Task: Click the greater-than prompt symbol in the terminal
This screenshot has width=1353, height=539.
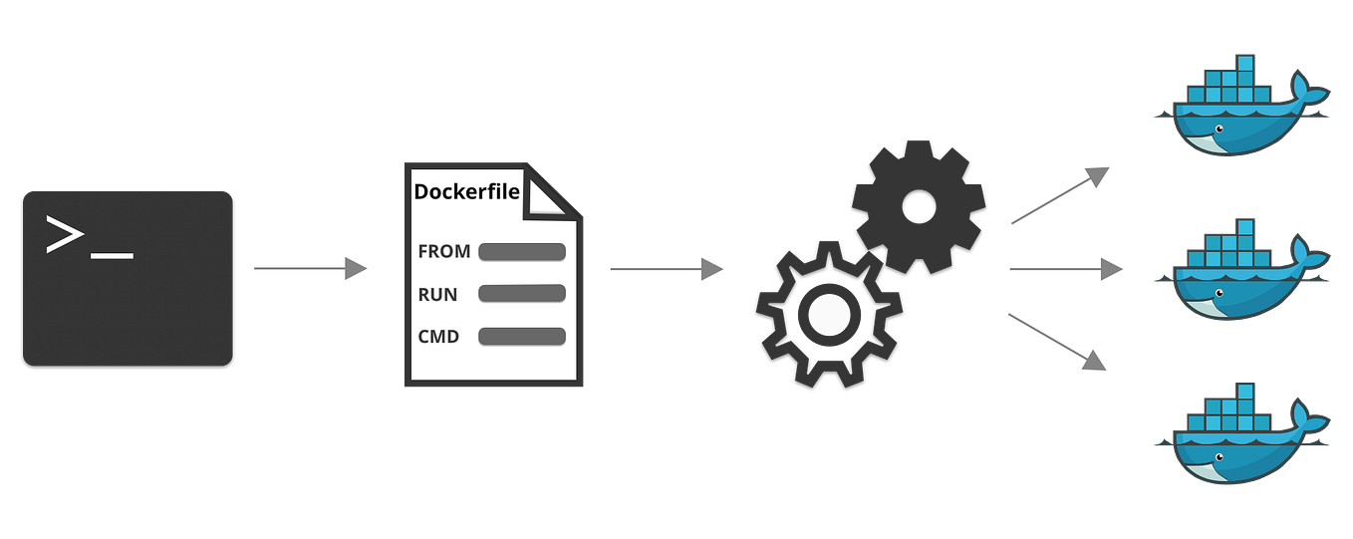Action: pos(64,235)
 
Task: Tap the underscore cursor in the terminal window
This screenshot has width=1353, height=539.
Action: pos(111,255)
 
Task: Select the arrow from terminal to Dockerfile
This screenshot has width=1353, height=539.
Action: pos(310,268)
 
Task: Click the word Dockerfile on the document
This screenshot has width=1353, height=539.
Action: pos(466,191)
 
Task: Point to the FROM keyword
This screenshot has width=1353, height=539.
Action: pos(444,251)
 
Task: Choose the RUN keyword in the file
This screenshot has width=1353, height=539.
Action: pos(439,294)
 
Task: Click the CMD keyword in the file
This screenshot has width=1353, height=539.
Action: pos(439,337)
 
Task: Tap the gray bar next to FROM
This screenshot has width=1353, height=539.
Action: pos(522,251)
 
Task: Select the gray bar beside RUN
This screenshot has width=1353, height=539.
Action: pos(522,294)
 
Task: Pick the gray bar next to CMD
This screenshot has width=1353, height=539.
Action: pos(522,337)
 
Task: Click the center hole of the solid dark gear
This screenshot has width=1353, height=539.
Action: pos(918,206)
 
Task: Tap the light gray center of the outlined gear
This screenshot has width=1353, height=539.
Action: pos(828,314)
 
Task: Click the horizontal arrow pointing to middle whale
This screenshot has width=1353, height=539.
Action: pos(1065,269)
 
